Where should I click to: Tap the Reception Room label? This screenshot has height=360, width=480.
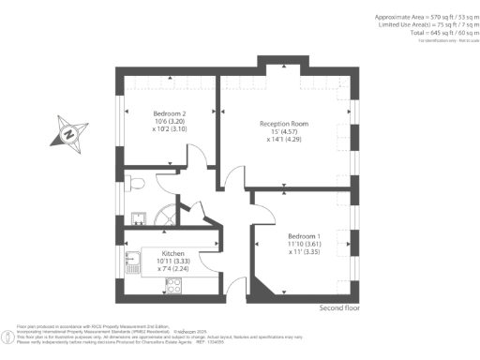(x=283, y=123)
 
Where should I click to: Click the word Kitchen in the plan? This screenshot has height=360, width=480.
(x=172, y=253)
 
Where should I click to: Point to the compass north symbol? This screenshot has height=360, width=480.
(x=69, y=133)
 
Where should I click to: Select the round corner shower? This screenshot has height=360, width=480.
(x=166, y=215)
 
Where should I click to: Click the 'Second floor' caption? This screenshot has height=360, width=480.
(x=339, y=307)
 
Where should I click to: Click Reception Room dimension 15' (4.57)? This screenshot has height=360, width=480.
(x=283, y=132)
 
